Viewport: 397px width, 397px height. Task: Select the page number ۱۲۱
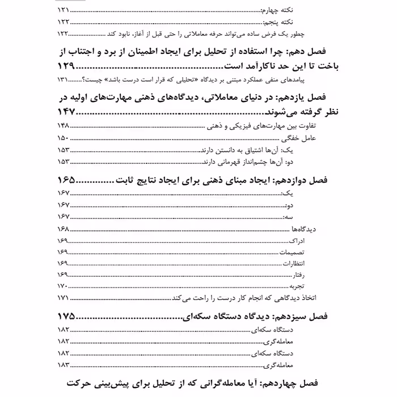tap(64, 11)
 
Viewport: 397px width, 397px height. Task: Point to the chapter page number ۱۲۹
tap(70, 66)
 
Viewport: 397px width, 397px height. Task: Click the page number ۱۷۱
tap(64, 298)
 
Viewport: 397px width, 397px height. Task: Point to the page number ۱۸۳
tap(64, 365)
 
